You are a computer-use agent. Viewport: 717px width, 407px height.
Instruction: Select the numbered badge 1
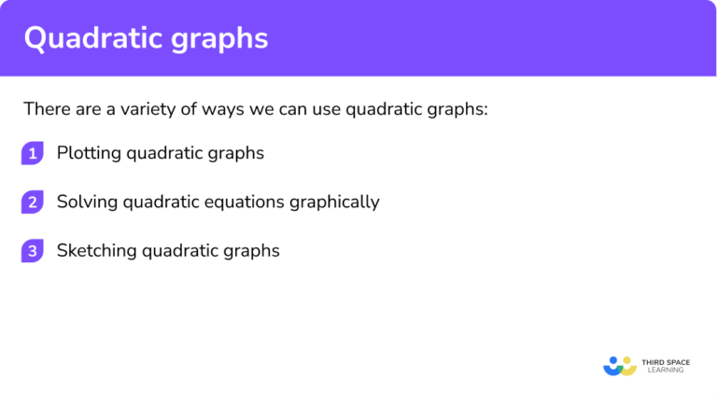pos(33,154)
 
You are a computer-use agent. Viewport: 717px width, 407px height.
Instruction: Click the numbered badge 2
pos(33,203)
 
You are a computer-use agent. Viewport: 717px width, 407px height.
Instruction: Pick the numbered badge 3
pos(33,251)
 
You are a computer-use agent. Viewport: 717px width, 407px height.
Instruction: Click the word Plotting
pos(86,153)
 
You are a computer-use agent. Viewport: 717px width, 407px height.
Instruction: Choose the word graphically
pos(337,202)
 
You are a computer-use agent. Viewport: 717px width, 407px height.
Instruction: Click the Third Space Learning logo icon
pos(620,365)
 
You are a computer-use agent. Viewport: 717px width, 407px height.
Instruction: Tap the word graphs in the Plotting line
pos(239,153)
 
